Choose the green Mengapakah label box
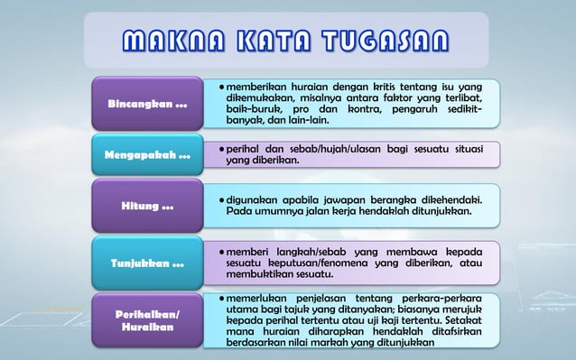coord(149,154)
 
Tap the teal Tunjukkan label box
coord(149,263)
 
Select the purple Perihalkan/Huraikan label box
coord(149,319)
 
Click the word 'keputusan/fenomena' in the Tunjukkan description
coord(322,263)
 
